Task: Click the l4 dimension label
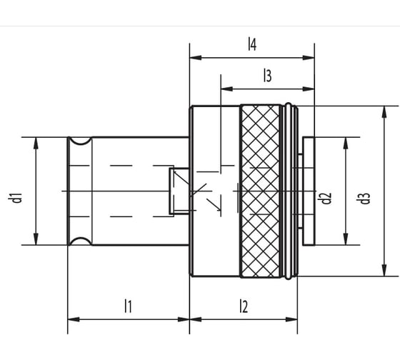click(x=251, y=45)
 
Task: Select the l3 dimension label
click(x=267, y=76)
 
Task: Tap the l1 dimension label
click(x=128, y=306)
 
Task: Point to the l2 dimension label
click(x=243, y=306)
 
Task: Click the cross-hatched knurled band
click(x=260, y=191)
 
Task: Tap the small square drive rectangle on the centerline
click(x=179, y=191)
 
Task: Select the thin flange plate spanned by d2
click(x=309, y=191)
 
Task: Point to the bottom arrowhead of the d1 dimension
click(x=36, y=239)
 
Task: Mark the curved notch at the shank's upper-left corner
click(x=80, y=144)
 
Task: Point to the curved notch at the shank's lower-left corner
click(x=80, y=238)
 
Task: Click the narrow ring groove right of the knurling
click(x=287, y=191)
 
